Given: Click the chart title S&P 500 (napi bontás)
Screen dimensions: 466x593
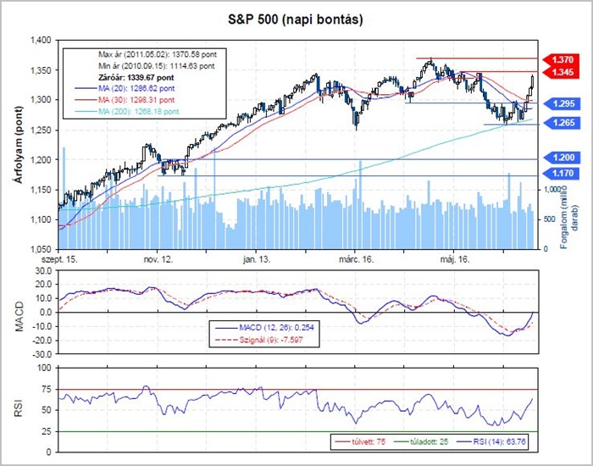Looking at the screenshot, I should [x=296, y=19].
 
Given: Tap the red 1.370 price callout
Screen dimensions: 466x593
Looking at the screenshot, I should [x=564, y=61].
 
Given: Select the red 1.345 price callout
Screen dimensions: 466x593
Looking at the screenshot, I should [x=564, y=74].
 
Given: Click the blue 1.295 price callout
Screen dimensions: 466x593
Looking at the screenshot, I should [x=564, y=103].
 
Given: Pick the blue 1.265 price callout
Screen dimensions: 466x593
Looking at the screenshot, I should [x=564, y=123].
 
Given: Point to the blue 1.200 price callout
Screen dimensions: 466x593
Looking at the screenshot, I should [x=564, y=158].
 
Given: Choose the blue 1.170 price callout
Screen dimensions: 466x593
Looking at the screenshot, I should [x=564, y=174].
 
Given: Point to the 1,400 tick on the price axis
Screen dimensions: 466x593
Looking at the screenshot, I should [x=41, y=41].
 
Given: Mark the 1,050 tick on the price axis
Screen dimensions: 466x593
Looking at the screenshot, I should [x=41, y=250].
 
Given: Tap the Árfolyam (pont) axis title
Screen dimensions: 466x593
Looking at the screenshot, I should [x=15, y=144].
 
